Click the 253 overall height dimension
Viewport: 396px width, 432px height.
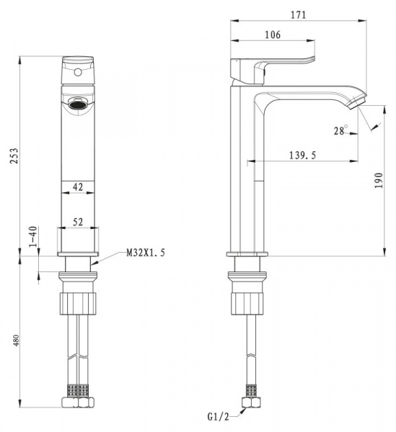point(14,156)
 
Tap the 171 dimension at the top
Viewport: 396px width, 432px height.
point(299,15)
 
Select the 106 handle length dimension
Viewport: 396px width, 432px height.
point(273,35)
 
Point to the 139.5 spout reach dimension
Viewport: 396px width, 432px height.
point(302,156)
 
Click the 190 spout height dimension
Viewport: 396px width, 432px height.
point(379,181)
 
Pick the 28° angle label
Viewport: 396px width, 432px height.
point(340,130)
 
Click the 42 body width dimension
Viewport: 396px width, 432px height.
point(78,187)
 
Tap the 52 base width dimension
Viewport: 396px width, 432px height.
point(78,222)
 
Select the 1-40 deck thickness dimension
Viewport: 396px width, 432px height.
point(33,236)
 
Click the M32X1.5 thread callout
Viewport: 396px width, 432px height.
point(146,253)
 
